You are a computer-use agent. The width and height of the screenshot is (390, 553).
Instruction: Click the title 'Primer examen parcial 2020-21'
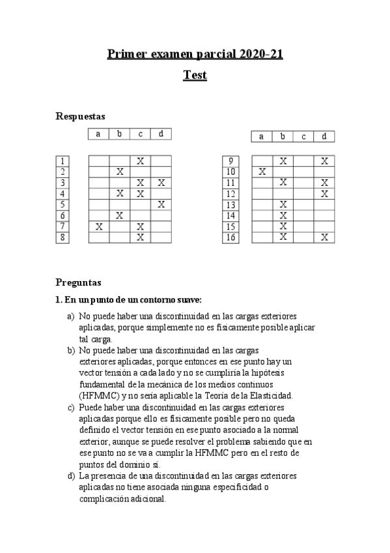click(195, 53)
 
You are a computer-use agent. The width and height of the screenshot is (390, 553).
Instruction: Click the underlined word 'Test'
click(195, 75)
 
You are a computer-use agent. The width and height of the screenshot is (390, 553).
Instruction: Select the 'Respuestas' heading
click(81, 116)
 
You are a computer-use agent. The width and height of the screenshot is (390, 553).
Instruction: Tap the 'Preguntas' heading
click(79, 283)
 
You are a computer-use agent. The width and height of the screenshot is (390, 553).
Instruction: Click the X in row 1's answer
click(140, 160)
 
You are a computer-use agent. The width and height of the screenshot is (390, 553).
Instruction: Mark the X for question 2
click(119, 172)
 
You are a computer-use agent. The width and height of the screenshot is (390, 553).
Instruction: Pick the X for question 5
click(161, 205)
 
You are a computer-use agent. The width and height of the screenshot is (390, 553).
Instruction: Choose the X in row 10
click(262, 172)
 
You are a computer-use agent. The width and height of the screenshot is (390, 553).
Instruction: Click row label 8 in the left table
click(63, 237)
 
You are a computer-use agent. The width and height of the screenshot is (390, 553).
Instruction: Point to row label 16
click(229, 237)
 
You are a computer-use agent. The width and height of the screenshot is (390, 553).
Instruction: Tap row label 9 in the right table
click(229, 160)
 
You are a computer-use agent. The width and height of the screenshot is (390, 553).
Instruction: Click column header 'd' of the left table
click(161, 134)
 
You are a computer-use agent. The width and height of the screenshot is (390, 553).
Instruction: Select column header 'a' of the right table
click(262, 136)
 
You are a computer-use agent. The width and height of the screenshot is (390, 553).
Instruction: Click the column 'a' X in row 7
click(98, 226)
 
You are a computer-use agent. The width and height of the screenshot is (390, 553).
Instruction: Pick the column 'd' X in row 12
click(324, 194)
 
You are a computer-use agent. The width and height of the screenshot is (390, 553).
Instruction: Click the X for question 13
click(283, 205)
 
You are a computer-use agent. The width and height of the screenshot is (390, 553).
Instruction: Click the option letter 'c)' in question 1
click(71, 408)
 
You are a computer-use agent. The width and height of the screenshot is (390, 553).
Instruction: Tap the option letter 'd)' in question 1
click(71, 476)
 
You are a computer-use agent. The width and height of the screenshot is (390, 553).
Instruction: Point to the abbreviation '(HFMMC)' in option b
click(98, 395)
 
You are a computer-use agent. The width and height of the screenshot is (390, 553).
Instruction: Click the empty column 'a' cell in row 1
click(98, 160)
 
